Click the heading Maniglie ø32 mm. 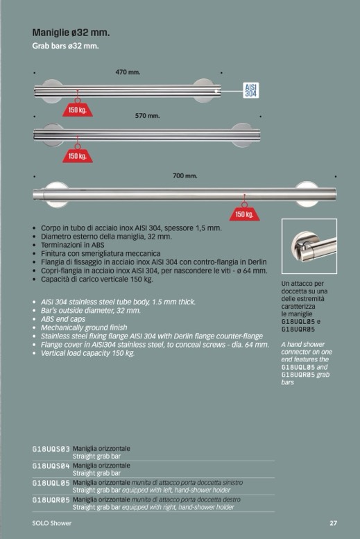click(71, 33)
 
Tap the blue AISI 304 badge click(250, 90)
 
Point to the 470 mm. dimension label click(128, 72)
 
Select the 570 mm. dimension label click(147, 116)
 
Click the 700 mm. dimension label click(185, 176)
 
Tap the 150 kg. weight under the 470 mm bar click(78, 110)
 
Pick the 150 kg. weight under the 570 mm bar click(78, 155)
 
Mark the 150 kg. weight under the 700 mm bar click(244, 214)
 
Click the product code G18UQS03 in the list click(51, 449)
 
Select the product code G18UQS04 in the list click(51, 466)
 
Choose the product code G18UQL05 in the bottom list click(51, 484)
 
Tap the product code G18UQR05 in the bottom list click(51, 500)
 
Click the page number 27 click(333, 523)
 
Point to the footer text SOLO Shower click(52, 523)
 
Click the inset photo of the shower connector click(309, 246)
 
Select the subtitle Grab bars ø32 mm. click(65, 46)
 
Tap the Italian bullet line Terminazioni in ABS click(73, 245)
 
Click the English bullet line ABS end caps click(63, 319)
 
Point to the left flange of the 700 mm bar click(57, 194)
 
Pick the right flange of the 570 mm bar click(242, 135)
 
